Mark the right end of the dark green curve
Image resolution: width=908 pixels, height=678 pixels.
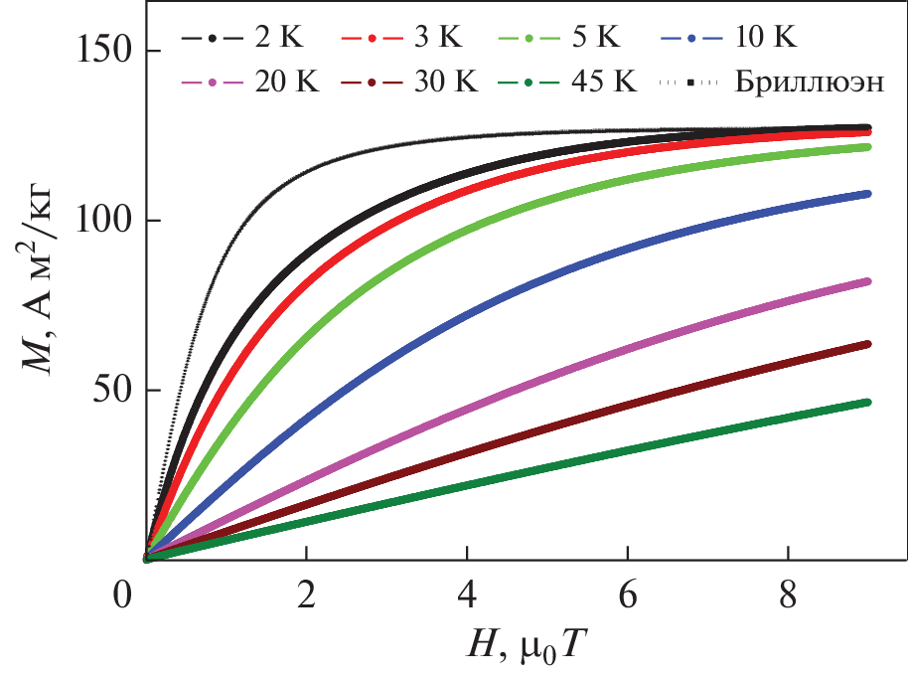tap(867, 403)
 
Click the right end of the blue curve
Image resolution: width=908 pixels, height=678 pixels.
tap(867, 194)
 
